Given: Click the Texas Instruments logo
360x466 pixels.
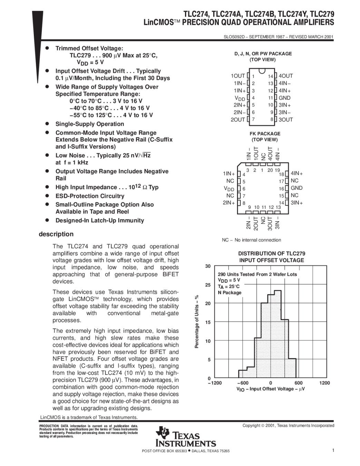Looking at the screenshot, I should [186, 437].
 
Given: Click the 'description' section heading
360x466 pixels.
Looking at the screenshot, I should [56, 234].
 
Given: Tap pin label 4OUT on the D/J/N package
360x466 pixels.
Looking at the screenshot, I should [285, 76].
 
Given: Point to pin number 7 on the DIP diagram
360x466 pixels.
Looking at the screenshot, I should [253, 119].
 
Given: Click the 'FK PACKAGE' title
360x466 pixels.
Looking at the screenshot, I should [265, 134].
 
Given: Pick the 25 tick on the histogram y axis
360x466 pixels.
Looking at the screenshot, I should [208, 285].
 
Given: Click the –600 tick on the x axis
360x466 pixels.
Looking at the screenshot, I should [243, 383].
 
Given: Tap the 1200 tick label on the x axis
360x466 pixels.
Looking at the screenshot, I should [324, 383].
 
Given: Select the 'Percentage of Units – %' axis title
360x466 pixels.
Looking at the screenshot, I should [197, 321].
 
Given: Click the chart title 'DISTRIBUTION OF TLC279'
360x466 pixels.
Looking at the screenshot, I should [271, 253].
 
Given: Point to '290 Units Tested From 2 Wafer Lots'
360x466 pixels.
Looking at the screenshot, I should [257, 274].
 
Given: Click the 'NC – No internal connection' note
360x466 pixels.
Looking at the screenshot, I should [251, 240].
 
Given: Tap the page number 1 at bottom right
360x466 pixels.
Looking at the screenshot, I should [333, 450].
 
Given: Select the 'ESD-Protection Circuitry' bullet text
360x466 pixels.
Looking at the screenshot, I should [90, 196].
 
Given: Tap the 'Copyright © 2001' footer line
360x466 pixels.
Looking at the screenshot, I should [288, 426].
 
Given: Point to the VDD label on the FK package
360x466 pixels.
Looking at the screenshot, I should [229, 188].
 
